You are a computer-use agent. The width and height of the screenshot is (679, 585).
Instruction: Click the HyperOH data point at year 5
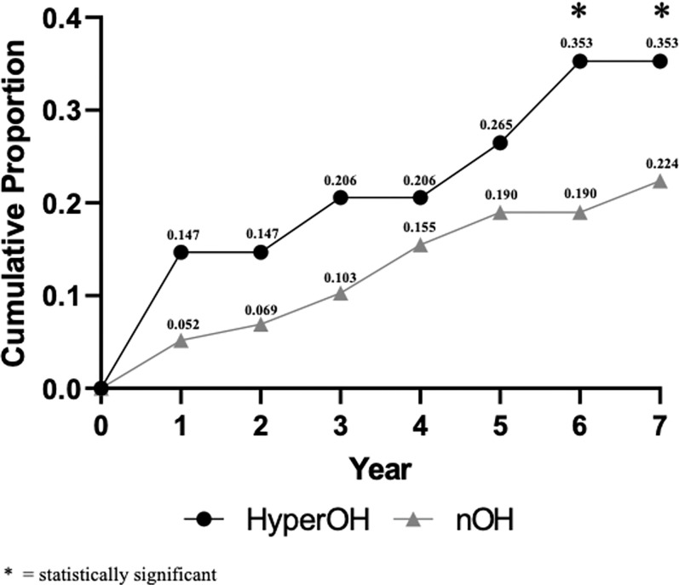click(x=500, y=142)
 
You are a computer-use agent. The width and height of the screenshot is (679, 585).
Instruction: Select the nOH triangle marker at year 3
click(x=341, y=293)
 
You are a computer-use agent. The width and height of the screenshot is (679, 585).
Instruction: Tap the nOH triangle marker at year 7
click(x=659, y=181)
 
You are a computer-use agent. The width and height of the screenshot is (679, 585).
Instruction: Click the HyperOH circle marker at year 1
click(x=181, y=252)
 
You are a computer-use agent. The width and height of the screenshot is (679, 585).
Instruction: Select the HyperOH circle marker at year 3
click(x=341, y=198)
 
